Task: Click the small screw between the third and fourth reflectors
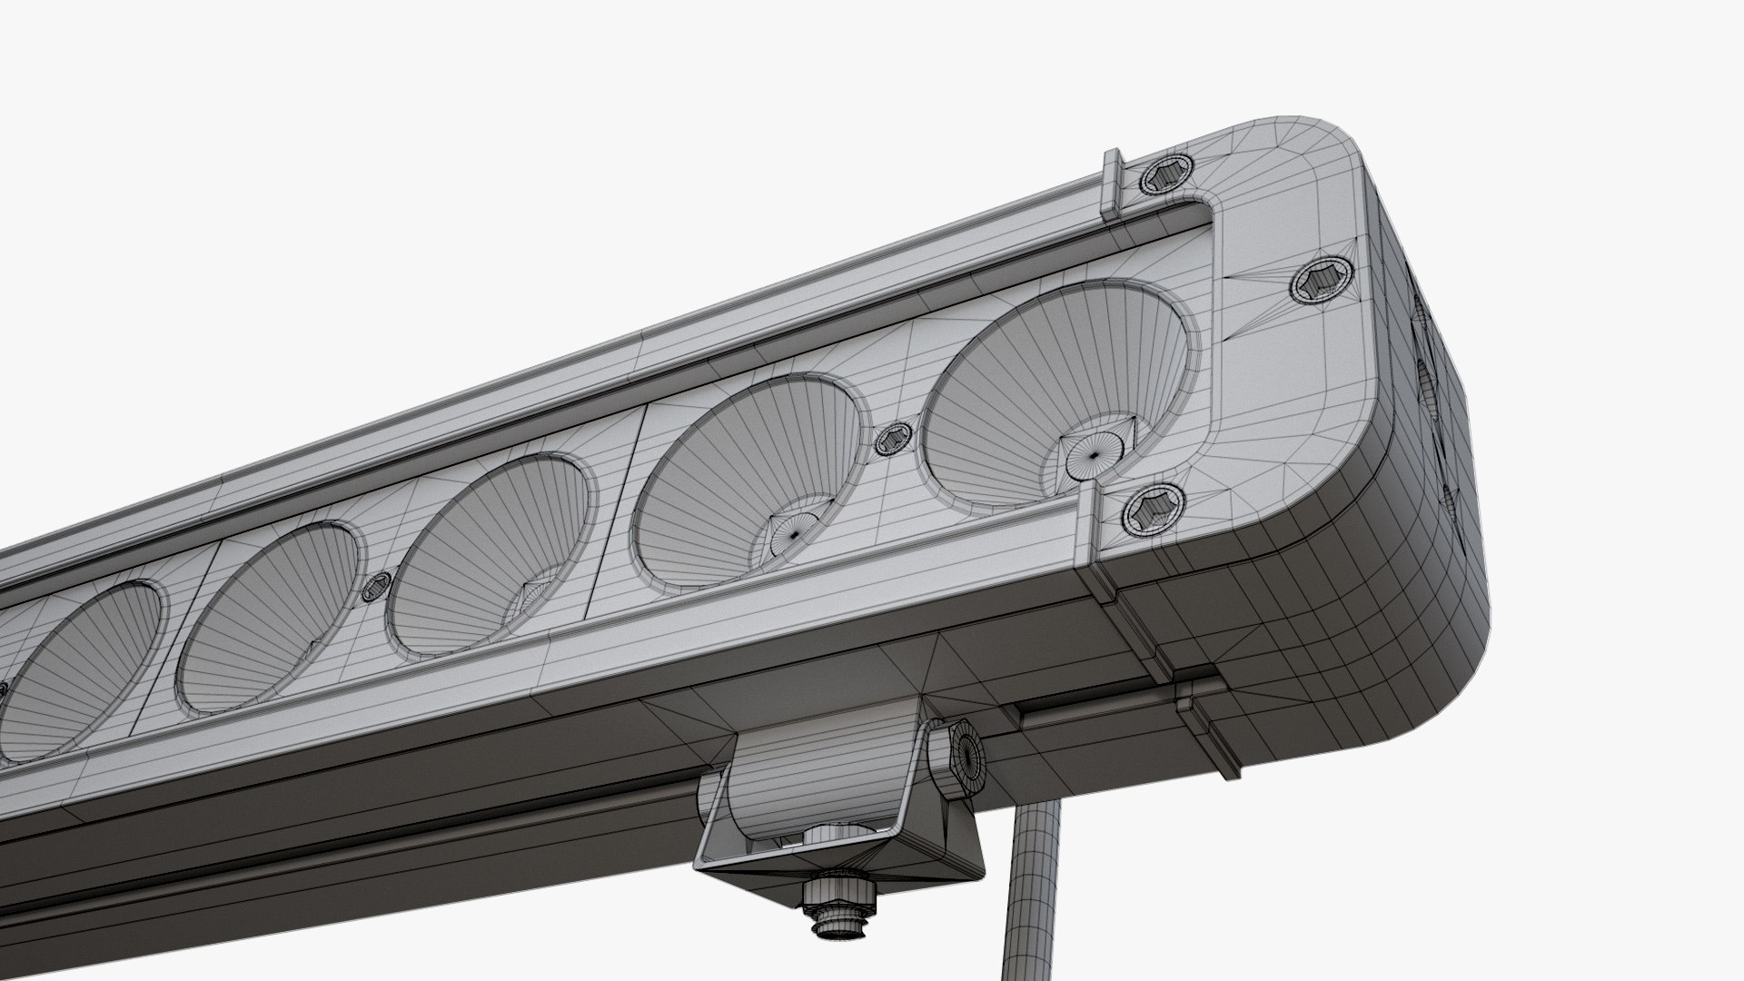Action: pos(374,590)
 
